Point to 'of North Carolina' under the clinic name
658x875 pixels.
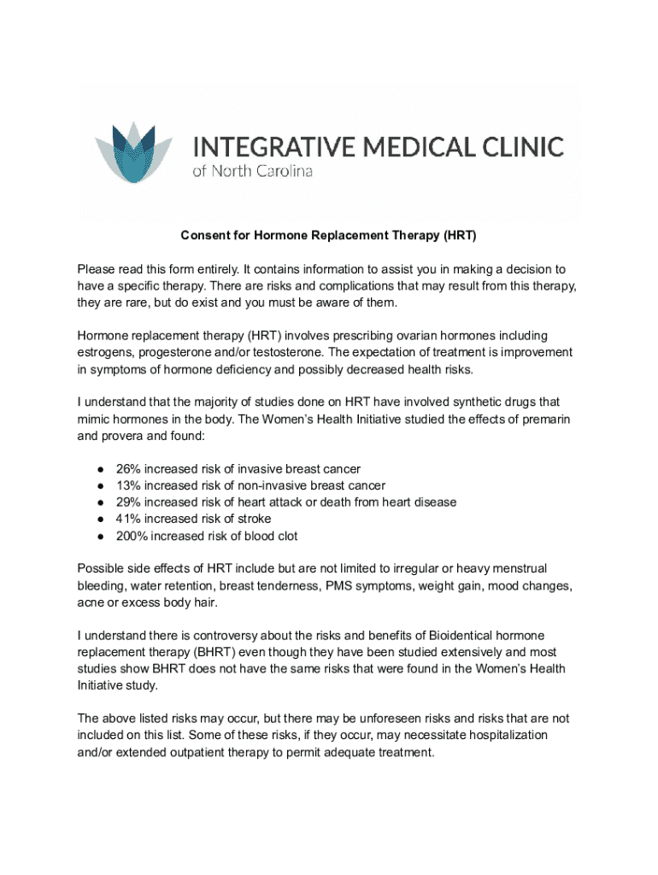[252, 171]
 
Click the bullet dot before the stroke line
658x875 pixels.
[101, 520]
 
